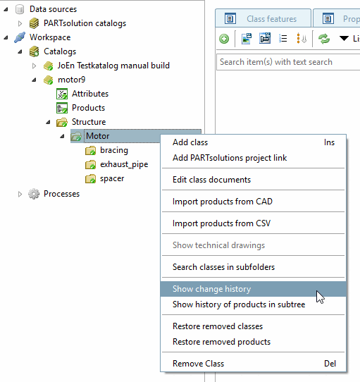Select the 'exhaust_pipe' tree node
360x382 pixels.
click(124, 164)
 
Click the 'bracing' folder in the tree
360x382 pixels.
click(114, 150)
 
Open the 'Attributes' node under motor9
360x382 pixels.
click(90, 94)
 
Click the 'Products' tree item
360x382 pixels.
click(88, 108)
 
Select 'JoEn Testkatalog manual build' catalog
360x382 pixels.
click(113, 66)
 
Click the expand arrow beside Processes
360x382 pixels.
click(20, 194)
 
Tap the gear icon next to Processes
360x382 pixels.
click(34, 194)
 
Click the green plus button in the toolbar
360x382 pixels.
click(224, 39)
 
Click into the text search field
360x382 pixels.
click(288, 62)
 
